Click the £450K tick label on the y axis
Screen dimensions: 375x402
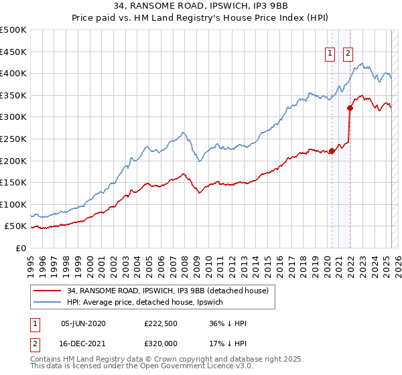point(14,52)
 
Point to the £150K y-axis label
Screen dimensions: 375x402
point(14,182)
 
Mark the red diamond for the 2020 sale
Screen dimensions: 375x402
point(332,151)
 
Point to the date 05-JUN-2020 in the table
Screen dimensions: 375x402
point(83,323)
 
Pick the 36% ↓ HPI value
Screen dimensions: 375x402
point(228,323)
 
